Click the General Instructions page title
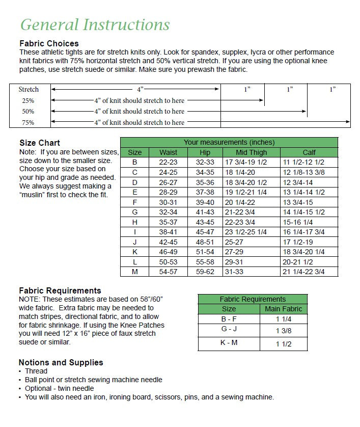[x=95, y=24]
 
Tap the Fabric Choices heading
[x=49, y=43]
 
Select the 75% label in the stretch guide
[x=28, y=123]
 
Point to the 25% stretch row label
[x=28, y=101]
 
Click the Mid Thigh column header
[x=251, y=152]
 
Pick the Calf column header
[x=309, y=152]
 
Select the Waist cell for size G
[x=168, y=212]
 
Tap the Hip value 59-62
[x=205, y=272]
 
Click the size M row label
[x=135, y=272]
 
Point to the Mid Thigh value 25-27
[x=234, y=242]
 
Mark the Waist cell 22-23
[x=168, y=162]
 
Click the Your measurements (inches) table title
[x=229, y=142]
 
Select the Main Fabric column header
[x=284, y=309]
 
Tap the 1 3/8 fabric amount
[x=284, y=331]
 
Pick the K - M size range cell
[x=229, y=343]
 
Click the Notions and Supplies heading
[x=61, y=362]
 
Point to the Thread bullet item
[x=36, y=371]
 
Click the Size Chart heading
[x=40, y=143]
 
